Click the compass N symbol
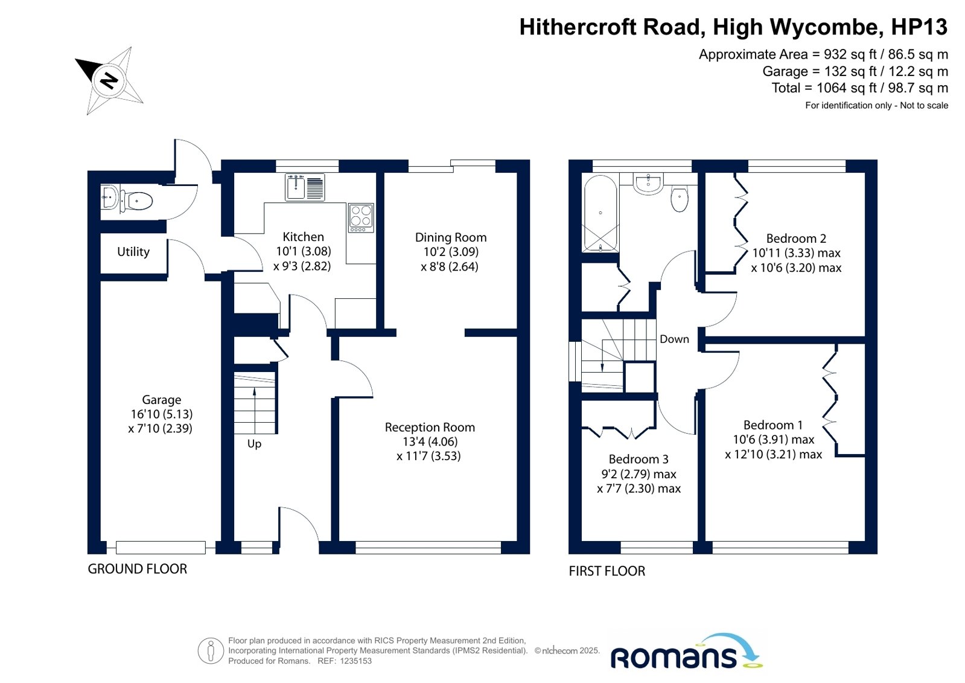pyautogui.click(x=109, y=81)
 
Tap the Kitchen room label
pyautogui.click(x=304, y=237)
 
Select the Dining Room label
pyautogui.click(x=451, y=237)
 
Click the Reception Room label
pyautogui.click(x=430, y=428)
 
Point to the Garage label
pyautogui.click(x=162, y=400)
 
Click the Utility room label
pyautogui.click(x=133, y=251)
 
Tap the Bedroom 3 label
pyautogui.click(x=639, y=459)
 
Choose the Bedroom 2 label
pyautogui.click(x=796, y=239)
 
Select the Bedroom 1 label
pyautogui.click(x=773, y=425)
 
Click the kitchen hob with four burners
pyautogui.click(x=361, y=218)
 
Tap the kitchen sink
pyautogui.click(x=305, y=187)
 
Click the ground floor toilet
pyautogui.click(x=136, y=201)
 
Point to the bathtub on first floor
pyautogui.click(x=600, y=213)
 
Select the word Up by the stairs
pyautogui.click(x=254, y=444)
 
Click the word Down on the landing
pyautogui.click(x=674, y=339)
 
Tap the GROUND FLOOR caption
pyautogui.click(x=138, y=569)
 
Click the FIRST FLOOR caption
pyautogui.click(x=607, y=571)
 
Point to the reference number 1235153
pyautogui.click(x=355, y=661)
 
